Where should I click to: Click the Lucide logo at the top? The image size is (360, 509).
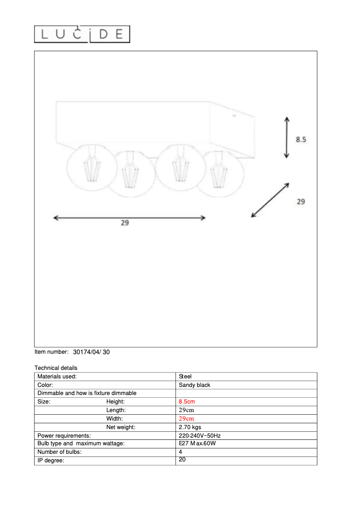point(82,34)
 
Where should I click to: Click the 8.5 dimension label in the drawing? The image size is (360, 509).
point(301,140)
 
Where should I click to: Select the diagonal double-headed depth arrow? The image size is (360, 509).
point(270,200)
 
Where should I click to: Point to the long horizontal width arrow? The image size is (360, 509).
point(129,218)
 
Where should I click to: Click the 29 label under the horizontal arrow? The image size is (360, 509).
point(125,223)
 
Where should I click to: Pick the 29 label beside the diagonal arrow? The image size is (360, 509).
point(301,202)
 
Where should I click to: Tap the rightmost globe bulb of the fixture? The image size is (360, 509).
point(219,173)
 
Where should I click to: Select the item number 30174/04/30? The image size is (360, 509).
point(91,352)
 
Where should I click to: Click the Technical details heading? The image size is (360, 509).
point(56,368)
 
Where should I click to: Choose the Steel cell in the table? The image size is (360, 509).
point(185,377)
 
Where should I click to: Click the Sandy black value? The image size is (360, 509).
point(194,385)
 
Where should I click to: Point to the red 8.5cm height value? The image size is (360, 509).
point(187,402)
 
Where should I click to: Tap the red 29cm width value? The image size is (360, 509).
point(186,418)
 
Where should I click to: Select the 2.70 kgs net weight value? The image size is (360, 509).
point(190,427)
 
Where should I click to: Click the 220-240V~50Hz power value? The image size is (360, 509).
point(200,435)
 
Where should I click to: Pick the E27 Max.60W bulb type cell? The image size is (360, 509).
point(198,443)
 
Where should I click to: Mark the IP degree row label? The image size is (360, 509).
point(51,461)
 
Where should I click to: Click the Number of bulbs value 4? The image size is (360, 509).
point(180,452)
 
